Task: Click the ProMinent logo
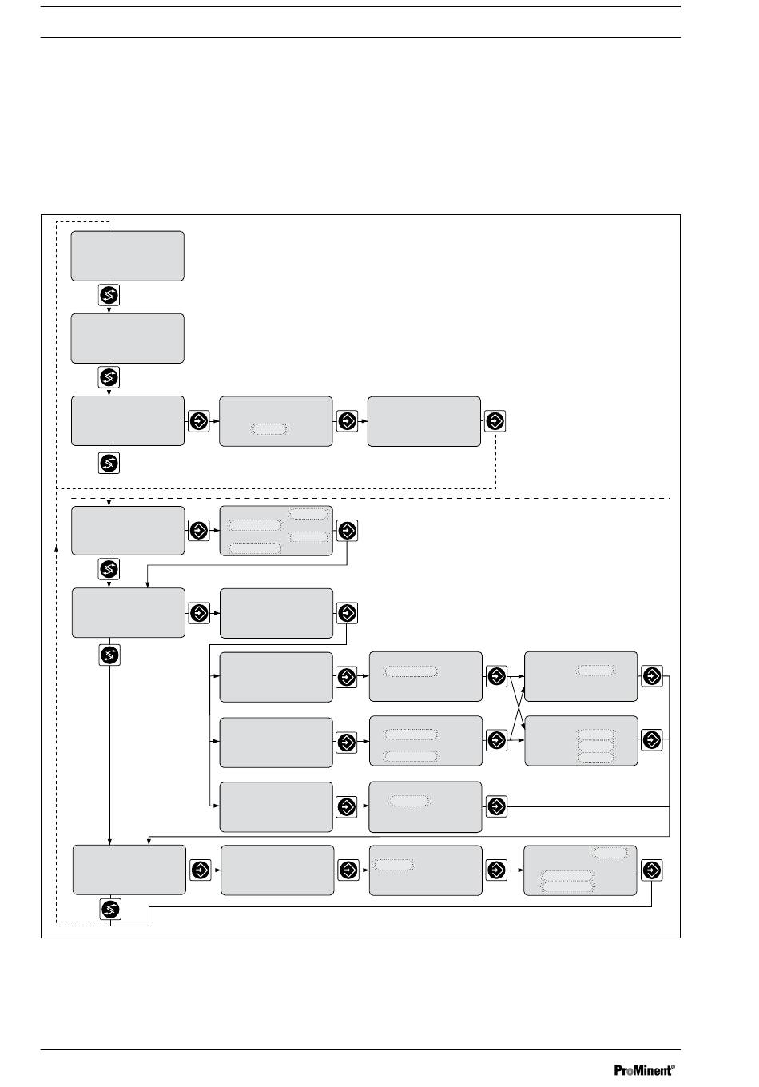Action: (644, 1070)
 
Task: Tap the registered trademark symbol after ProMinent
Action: (673, 1066)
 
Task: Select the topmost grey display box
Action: (128, 256)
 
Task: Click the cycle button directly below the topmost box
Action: (109, 295)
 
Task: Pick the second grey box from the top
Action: (128, 338)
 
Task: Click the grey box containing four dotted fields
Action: (276, 531)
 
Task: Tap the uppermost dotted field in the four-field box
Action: (308, 514)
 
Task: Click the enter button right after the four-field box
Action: (347, 531)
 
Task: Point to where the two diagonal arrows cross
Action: (516, 707)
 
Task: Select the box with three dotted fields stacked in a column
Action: (581, 740)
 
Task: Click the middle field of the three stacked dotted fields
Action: (596, 746)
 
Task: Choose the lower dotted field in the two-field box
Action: (411, 756)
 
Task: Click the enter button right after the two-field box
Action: (496, 740)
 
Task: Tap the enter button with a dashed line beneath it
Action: (495, 420)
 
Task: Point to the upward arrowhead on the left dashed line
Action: (56, 548)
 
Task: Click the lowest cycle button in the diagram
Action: (110, 909)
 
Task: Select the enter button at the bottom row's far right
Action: (651, 870)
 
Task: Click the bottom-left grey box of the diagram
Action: (129, 870)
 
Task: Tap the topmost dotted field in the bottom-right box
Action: (610, 853)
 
